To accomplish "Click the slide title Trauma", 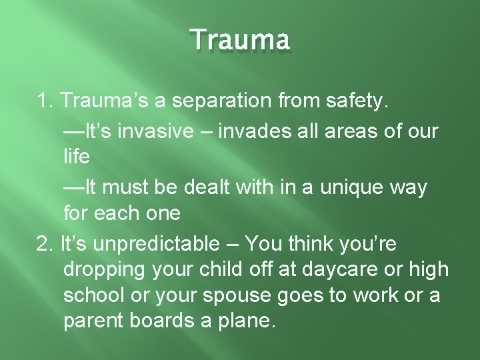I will [240, 40].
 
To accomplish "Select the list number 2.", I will [44, 244].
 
